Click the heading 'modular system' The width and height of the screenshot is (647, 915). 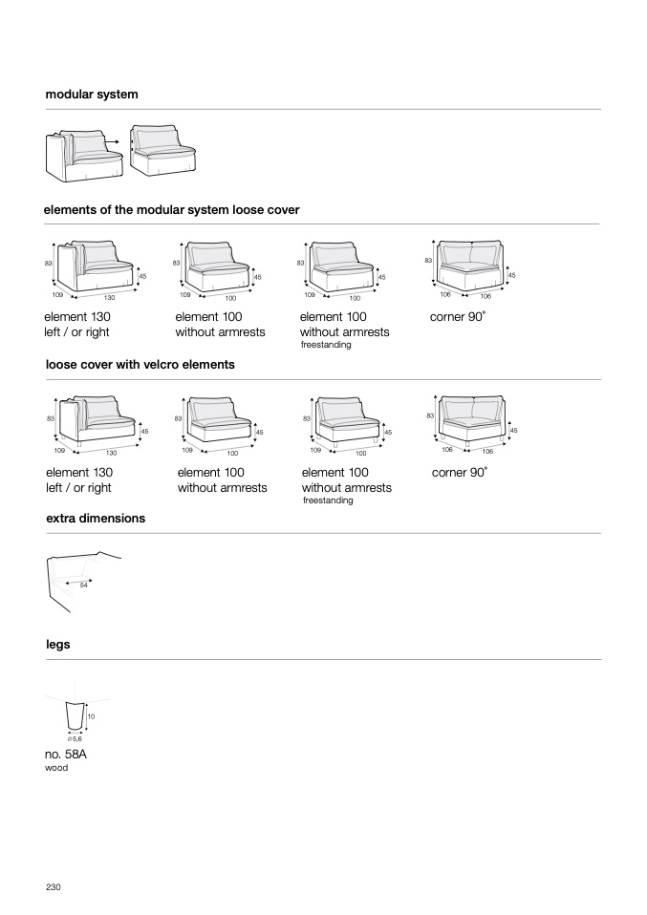coord(92,95)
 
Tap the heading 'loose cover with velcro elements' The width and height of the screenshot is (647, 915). coord(140,364)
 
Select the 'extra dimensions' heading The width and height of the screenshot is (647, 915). coord(96,518)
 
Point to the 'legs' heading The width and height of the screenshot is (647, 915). coord(58,645)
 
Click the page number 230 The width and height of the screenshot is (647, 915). coord(54,887)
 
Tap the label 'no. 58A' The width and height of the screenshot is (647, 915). coord(67,754)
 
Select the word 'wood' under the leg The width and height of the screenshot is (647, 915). coord(57,768)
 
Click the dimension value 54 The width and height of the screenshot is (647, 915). coord(84,585)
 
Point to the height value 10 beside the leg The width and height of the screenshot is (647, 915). coord(91,715)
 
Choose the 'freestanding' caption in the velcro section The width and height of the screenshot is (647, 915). coord(328,500)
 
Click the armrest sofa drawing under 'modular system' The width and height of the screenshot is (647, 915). coord(83,156)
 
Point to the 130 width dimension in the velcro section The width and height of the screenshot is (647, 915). coord(111,453)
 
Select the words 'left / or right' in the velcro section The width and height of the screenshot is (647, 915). coord(78,488)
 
